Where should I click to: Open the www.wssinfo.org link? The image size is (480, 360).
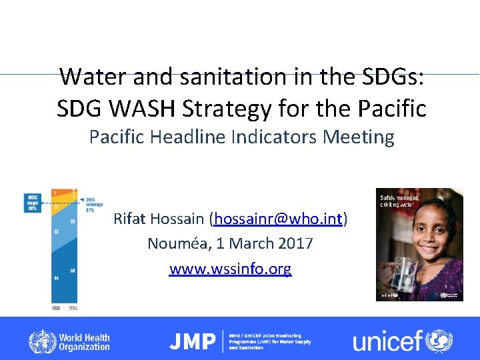pyautogui.click(x=230, y=269)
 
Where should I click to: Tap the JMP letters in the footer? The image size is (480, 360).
pyautogui.click(x=192, y=342)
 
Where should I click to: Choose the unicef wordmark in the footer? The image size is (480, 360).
pyautogui.click(x=388, y=342)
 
